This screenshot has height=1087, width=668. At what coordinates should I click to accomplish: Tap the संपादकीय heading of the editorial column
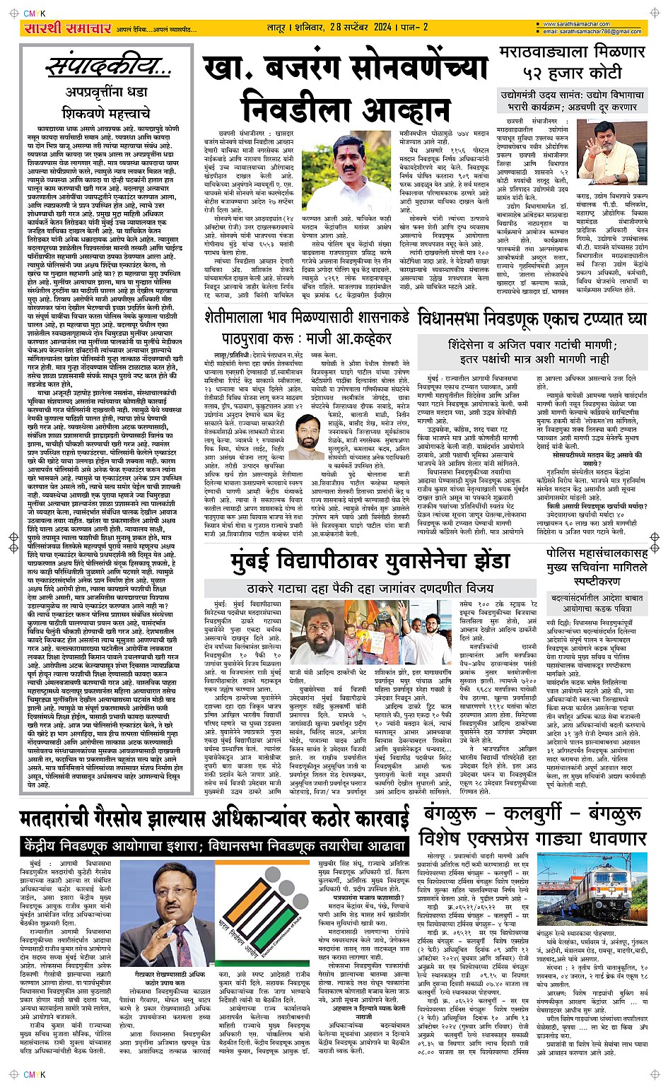point(106,68)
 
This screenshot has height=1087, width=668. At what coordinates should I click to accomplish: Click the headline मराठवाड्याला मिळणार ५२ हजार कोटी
point(572,62)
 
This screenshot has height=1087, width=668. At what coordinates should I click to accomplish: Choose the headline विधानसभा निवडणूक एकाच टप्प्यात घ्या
point(532,318)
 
